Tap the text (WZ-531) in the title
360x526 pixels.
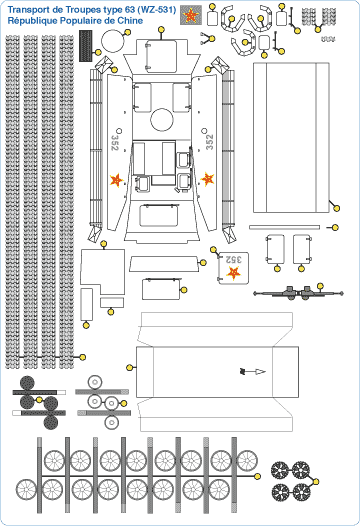tap(157, 10)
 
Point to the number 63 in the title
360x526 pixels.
tap(130, 10)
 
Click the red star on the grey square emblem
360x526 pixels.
tap(191, 15)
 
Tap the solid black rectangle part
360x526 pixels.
tap(86, 46)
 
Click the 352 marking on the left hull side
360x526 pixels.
tap(115, 143)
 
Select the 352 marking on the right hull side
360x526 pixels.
tap(209, 142)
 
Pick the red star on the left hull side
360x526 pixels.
tap(116, 180)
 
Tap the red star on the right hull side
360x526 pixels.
tap(207, 179)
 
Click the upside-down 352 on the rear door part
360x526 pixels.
tap(234, 259)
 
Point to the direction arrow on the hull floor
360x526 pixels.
tap(253, 371)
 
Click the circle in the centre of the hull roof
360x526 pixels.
tap(162, 119)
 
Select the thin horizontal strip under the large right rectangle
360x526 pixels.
tap(285, 227)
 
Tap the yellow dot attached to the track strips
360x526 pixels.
tap(83, 357)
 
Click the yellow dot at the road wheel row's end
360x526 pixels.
tap(258, 476)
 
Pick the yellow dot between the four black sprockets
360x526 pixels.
tap(316, 481)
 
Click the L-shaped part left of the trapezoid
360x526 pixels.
tap(102, 272)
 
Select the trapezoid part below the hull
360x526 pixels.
tap(164, 264)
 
